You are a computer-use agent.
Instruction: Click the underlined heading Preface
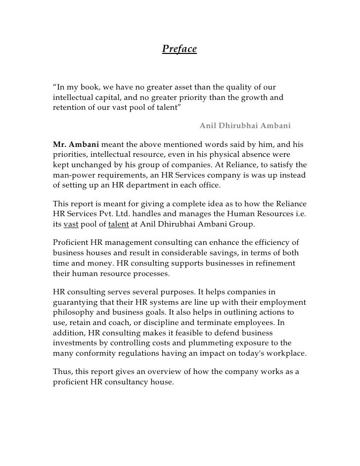[180, 49]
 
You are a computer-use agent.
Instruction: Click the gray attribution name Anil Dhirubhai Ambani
[245, 126]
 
